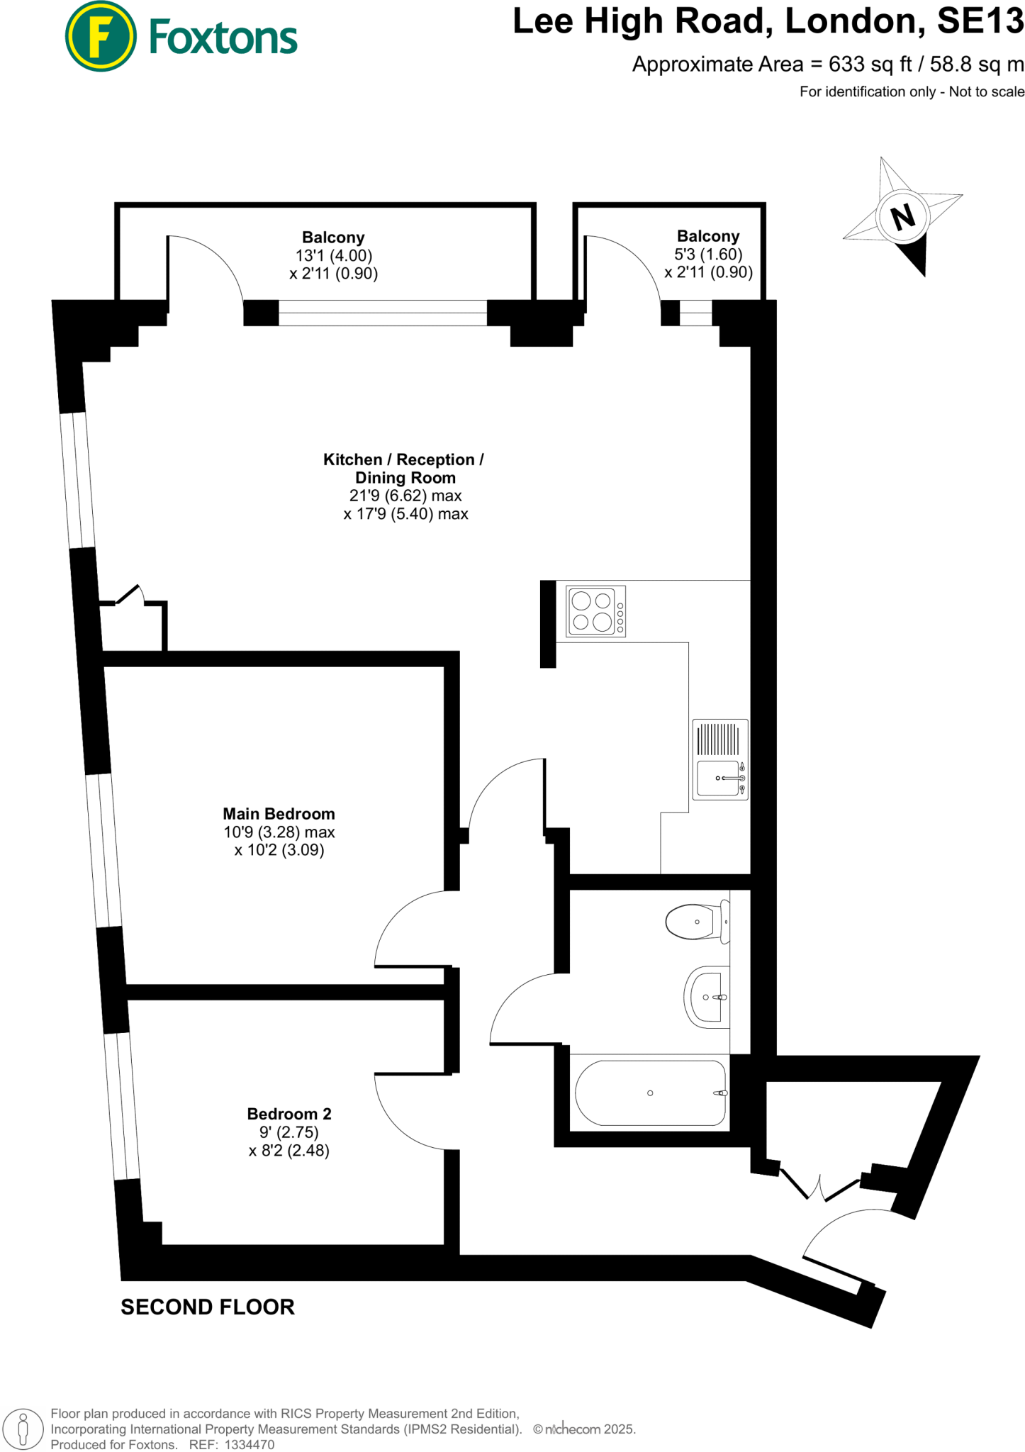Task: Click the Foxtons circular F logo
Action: click(x=101, y=36)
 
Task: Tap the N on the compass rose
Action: click(x=902, y=216)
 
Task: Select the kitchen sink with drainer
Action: click(x=720, y=759)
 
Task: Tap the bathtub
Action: click(x=650, y=1093)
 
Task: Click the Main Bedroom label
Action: click(x=279, y=814)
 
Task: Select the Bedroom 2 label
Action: click(x=289, y=1114)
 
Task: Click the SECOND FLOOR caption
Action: click(x=208, y=1307)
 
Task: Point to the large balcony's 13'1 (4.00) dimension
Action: click(x=333, y=256)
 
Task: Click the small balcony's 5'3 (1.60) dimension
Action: click(x=708, y=255)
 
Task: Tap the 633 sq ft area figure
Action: click(x=870, y=65)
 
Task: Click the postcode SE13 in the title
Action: click(x=980, y=21)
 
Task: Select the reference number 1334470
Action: click(x=249, y=1444)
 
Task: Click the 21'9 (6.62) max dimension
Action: click(x=405, y=496)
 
